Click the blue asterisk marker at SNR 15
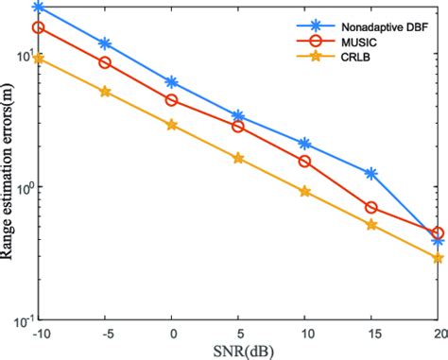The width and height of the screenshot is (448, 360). pyautogui.click(x=371, y=174)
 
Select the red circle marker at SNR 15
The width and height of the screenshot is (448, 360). pyautogui.click(x=371, y=208)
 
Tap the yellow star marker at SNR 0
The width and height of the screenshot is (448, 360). pyautogui.click(x=171, y=125)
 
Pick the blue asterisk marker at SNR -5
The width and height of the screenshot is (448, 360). pyautogui.click(x=104, y=43)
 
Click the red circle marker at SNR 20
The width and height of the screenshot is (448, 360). pyautogui.click(x=438, y=232)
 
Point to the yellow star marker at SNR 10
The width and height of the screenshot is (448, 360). pyautogui.click(x=304, y=192)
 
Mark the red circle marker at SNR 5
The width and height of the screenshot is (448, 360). pyautogui.click(x=238, y=126)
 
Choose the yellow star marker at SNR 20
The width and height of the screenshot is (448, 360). pyautogui.click(x=438, y=258)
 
